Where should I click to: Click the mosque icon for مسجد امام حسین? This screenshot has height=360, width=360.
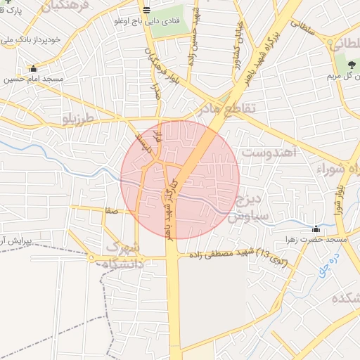(x=33, y=68)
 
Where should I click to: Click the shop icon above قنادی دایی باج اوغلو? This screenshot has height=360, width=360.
(x=146, y=10)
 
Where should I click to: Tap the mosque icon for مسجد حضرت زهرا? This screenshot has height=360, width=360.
(x=315, y=229)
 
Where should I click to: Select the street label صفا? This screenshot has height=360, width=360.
(x=109, y=210)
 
